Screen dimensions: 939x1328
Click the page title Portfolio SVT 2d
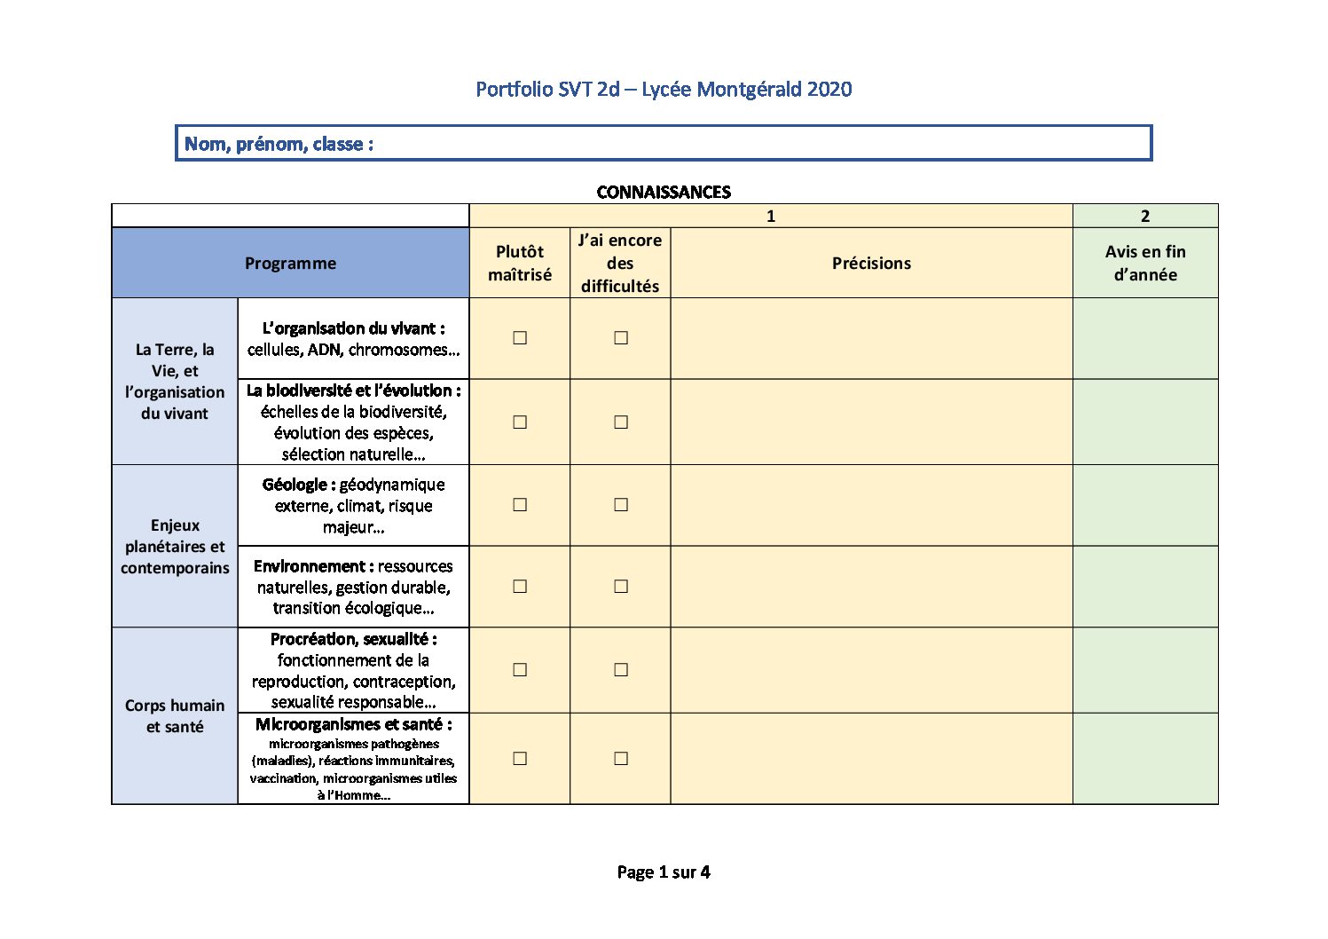tap(663, 89)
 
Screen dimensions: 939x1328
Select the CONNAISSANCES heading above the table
tap(664, 192)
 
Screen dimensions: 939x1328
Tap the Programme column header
tap(290, 263)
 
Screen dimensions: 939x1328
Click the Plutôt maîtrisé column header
tap(520, 263)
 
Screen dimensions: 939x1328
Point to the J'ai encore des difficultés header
tap(620, 263)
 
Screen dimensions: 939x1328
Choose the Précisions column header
tap(871, 263)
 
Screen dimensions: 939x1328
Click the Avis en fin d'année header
tap(1145, 263)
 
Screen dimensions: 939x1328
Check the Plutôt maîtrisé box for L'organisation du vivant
tap(520, 337)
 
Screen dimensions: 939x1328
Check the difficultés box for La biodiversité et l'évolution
tap(621, 422)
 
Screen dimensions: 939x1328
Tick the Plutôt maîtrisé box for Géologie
tap(520, 504)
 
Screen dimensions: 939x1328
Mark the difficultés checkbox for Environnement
tap(621, 586)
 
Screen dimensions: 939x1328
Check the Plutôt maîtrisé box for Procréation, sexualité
tap(520, 669)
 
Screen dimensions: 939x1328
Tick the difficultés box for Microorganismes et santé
tap(621, 758)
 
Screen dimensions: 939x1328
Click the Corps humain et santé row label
tap(175, 715)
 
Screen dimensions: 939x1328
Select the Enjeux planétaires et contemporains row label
tap(175, 546)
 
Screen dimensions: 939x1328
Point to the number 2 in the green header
tap(1145, 216)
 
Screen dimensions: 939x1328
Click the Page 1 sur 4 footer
tap(664, 872)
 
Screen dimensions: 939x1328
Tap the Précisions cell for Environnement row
tap(871, 586)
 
